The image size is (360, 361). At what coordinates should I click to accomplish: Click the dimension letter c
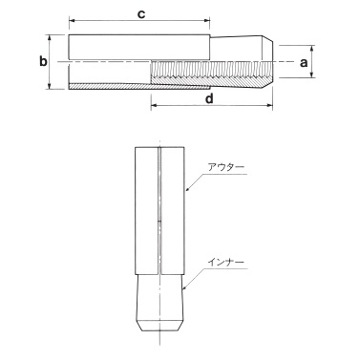tap(140, 14)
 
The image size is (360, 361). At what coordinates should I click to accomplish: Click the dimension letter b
tap(43, 61)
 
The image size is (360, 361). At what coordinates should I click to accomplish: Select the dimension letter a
tap(304, 63)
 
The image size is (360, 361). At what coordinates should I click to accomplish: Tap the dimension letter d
tap(209, 99)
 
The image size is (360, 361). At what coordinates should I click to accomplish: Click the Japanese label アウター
tap(226, 168)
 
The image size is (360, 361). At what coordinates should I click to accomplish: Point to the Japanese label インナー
tap(226, 263)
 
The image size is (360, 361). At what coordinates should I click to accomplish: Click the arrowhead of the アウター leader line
tap(188, 189)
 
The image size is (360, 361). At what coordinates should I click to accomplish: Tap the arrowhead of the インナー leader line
tap(185, 287)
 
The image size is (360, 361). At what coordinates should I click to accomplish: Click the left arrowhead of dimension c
tap(72, 21)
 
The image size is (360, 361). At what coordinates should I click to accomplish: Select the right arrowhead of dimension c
tap(207, 21)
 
